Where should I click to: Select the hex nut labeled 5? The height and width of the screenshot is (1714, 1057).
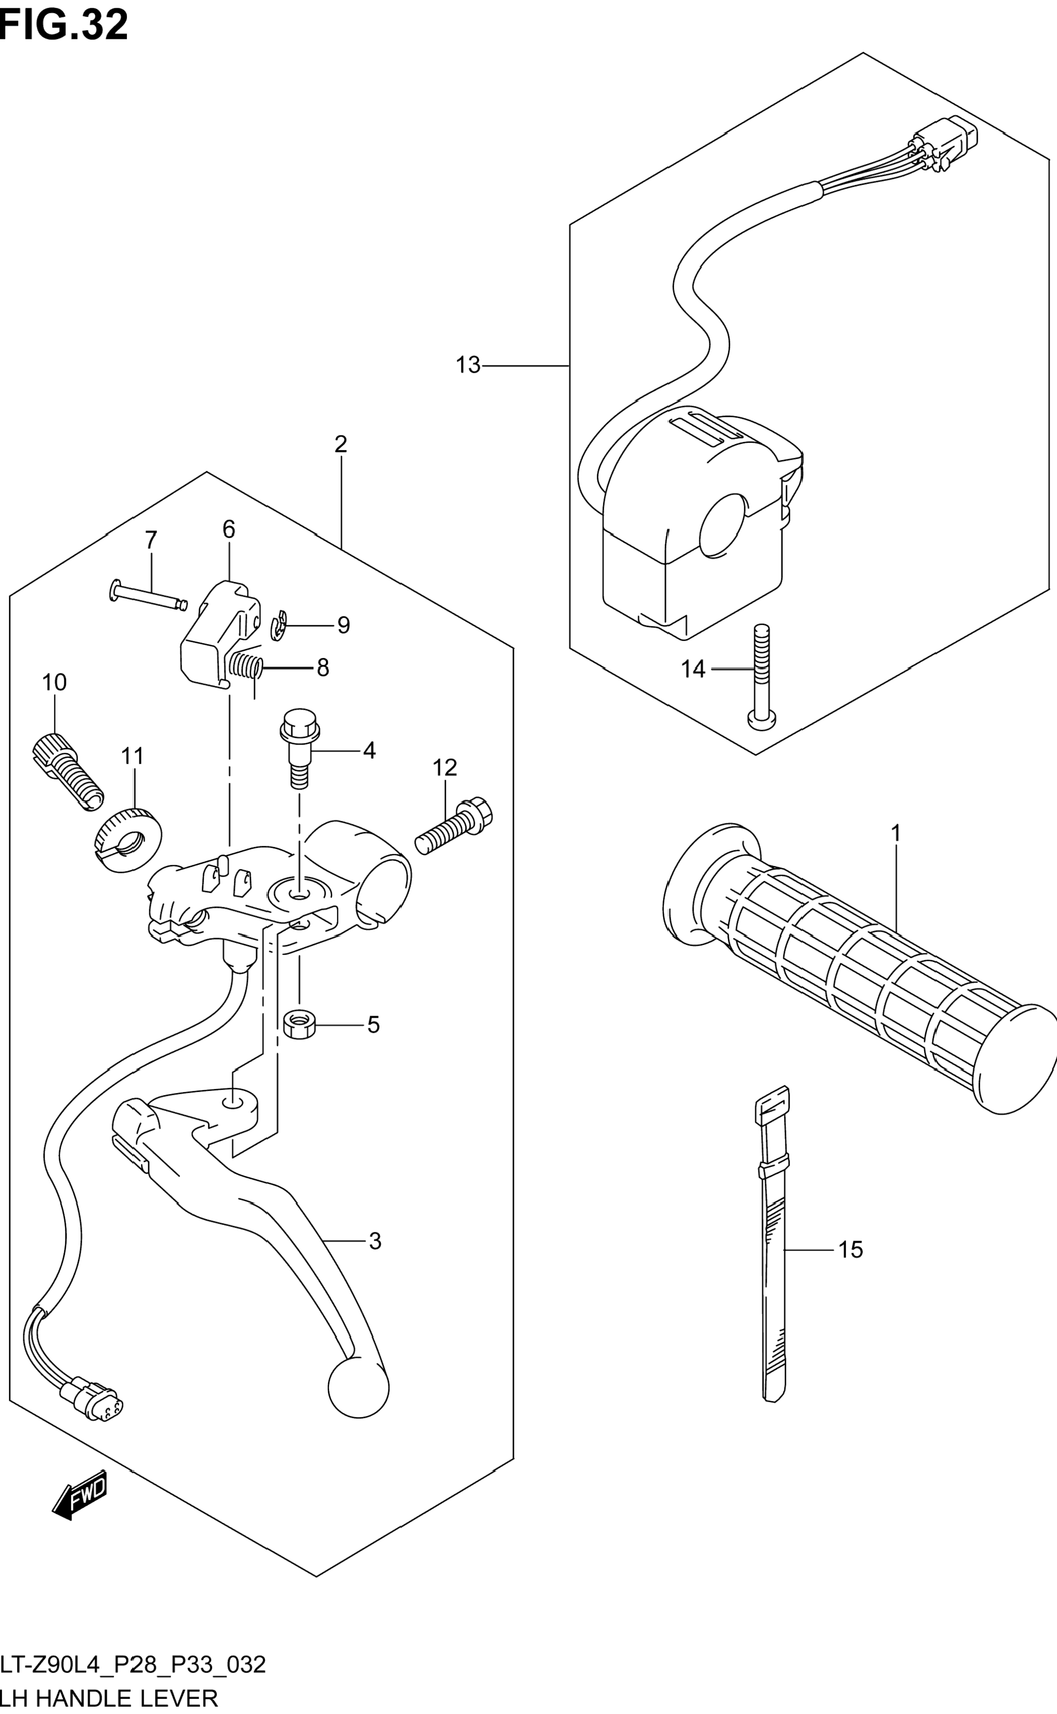coord(300,1025)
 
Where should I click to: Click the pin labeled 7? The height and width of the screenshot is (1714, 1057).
coord(149,595)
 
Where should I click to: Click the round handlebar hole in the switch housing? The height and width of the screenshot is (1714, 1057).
coord(724,526)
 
